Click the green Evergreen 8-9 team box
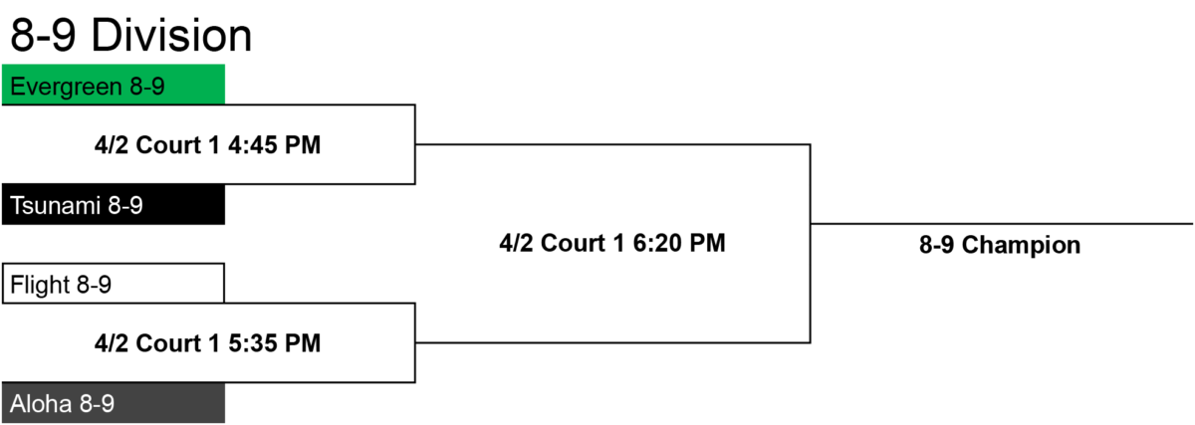(114, 85)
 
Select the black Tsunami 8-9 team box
(114, 205)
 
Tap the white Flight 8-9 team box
(114, 283)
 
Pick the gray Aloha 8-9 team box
(114, 403)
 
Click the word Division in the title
(171, 36)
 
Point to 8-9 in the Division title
(43, 36)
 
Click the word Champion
(1021, 246)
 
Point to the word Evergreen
(66, 87)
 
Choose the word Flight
(40, 285)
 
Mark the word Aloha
(41, 404)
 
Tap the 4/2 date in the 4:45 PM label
(112, 145)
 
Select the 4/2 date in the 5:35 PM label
(112, 343)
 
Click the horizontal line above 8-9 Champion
(1002, 224)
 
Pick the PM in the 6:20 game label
(707, 243)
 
